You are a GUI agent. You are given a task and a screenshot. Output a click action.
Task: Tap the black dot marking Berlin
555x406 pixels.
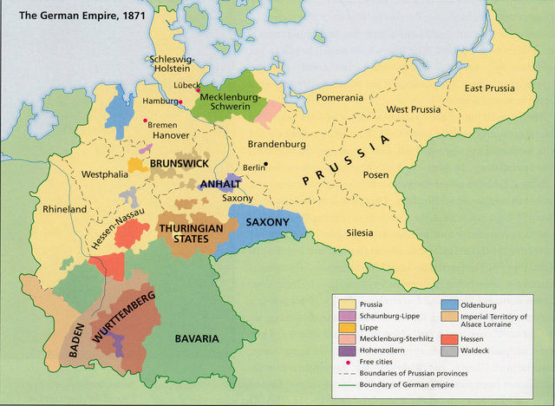point(267,164)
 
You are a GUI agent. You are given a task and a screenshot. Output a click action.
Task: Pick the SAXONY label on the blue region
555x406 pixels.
point(266,222)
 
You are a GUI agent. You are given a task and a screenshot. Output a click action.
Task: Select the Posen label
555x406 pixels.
point(376,174)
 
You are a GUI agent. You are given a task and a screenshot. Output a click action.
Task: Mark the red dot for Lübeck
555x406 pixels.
point(198,90)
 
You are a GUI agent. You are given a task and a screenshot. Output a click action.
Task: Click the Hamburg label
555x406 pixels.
point(159,102)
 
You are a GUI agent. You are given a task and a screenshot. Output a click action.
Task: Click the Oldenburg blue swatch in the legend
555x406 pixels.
point(449,304)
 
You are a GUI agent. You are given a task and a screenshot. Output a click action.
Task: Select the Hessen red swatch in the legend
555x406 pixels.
point(449,339)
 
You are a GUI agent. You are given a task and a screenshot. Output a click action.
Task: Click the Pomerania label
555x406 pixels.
point(339,98)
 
